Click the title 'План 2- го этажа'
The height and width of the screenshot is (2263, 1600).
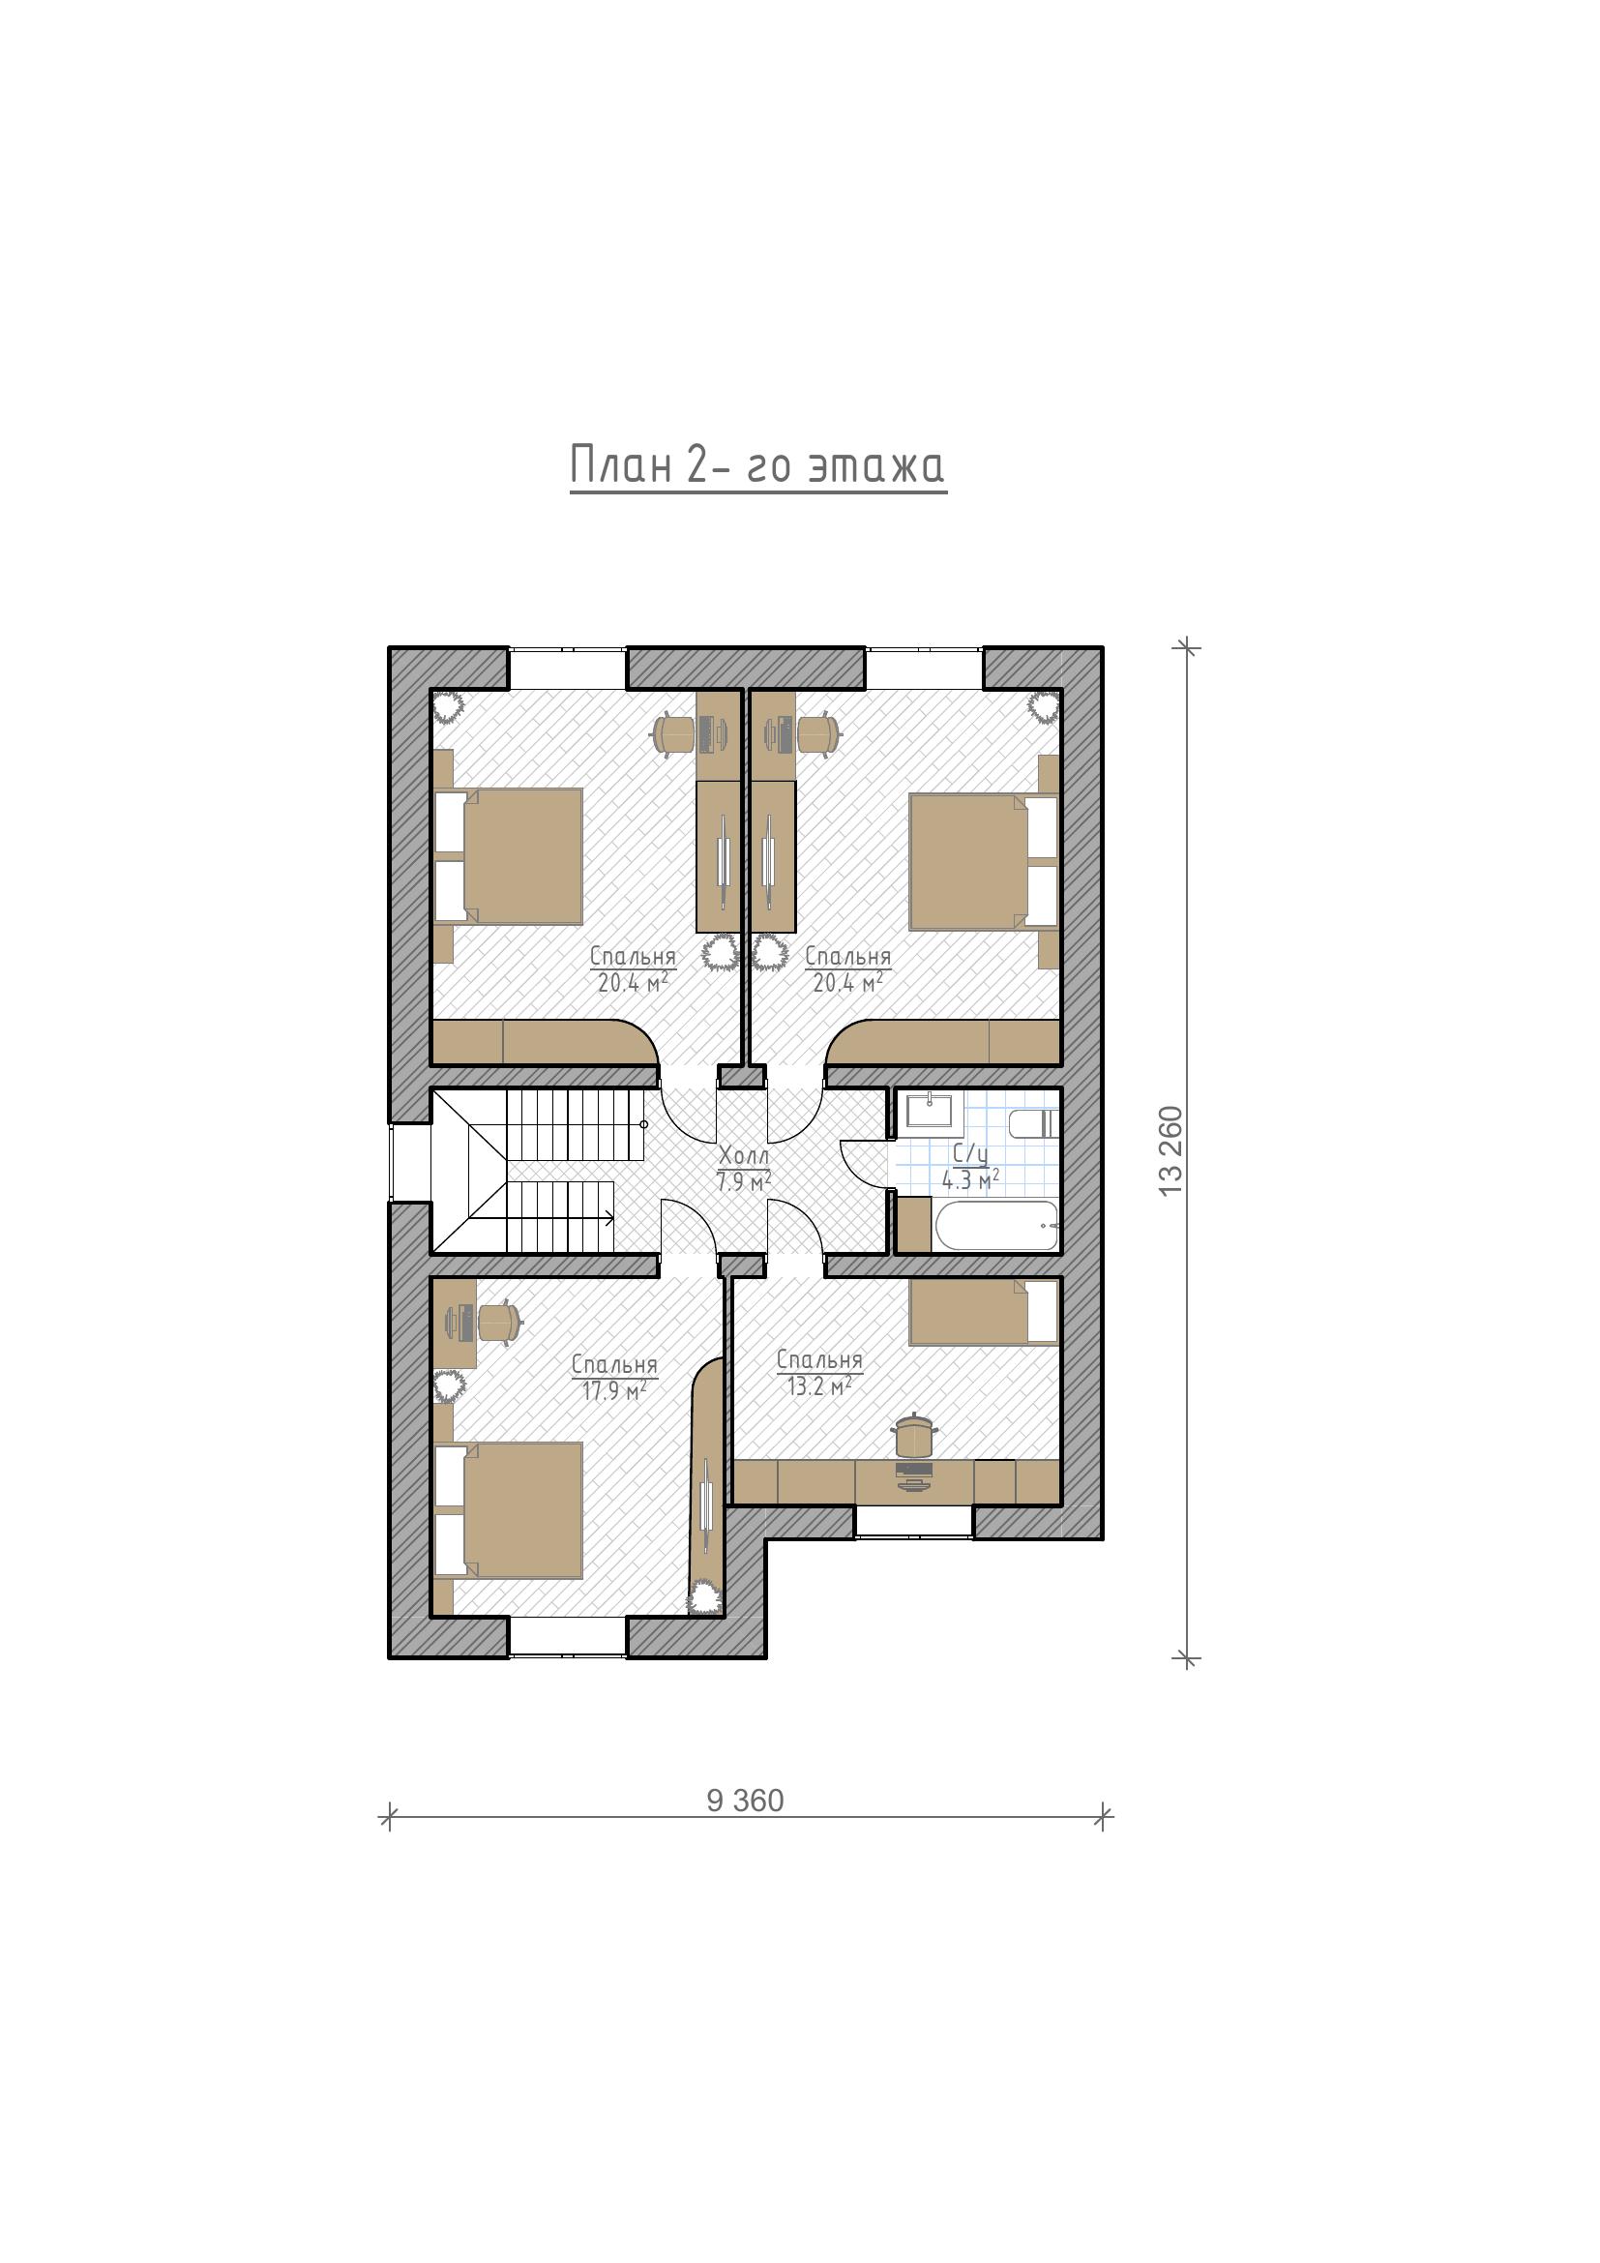pyautogui.click(x=757, y=465)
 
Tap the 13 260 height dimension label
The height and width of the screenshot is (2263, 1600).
pyautogui.click(x=1170, y=1151)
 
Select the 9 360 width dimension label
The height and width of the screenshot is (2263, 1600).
pyautogui.click(x=745, y=1801)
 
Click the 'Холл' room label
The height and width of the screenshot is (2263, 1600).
pyautogui.click(x=744, y=1154)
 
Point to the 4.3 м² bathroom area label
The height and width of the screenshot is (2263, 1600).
pyautogui.click(x=971, y=1178)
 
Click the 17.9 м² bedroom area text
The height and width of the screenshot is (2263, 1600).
pyautogui.click(x=614, y=1390)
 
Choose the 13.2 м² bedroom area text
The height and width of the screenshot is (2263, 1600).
pyautogui.click(x=818, y=1385)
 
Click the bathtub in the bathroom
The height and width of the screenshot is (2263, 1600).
pyautogui.click(x=996, y=1225)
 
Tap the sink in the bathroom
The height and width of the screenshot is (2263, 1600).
pyautogui.click(x=930, y=1111)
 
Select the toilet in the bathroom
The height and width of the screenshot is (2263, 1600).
pyautogui.click(x=1034, y=1123)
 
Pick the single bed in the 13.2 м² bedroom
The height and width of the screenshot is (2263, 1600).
pyautogui.click(x=983, y=1312)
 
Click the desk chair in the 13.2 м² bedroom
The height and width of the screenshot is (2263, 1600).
pyautogui.click(x=913, y=1435)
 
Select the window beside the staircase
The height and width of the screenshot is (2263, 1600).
pyautogui.click(x=411, y=1163)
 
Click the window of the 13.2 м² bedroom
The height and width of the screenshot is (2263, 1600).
pyautogui.click(x=913, y=1520)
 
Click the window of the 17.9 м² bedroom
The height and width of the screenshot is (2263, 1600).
pyautogui.click(x=568, y=1636)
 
